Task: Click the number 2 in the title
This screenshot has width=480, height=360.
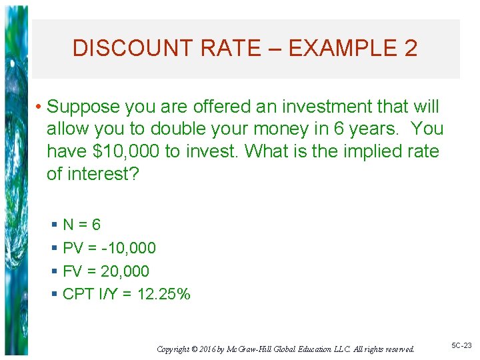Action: point(410,48)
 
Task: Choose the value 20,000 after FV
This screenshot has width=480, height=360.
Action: point(125,271)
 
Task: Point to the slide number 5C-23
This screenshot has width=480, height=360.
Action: point(461,345)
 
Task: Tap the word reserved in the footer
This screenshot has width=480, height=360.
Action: point(399,349)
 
